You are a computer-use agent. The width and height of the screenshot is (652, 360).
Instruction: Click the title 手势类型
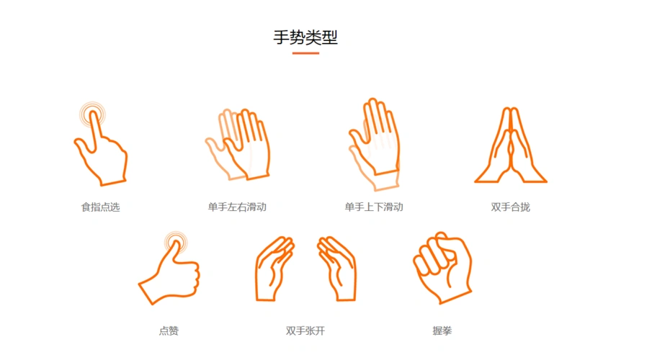coord(305,37)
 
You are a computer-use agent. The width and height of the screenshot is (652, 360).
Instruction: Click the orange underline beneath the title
coord(305,53)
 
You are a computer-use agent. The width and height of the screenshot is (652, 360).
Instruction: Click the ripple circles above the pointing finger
coord(91,114)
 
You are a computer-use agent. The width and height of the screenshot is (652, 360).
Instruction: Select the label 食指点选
coord(100,207)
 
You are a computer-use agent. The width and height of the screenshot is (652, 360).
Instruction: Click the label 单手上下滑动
coord(373,207)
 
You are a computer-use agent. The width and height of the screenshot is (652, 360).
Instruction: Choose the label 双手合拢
coord(510,207)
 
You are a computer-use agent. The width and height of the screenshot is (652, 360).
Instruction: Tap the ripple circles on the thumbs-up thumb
coord(174,243)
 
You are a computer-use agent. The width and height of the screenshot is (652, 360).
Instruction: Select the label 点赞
coord(169,331)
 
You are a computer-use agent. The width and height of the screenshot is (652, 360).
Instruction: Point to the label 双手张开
coord(305,331)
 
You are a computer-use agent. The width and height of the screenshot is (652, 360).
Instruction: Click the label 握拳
coord(442,331)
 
